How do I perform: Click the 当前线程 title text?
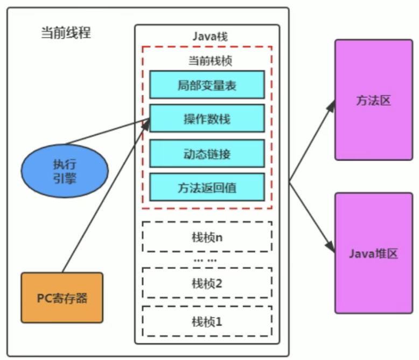point(66,33)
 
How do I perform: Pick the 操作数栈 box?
point(207,119)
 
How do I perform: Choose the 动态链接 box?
point(207,154)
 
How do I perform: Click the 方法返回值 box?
point(207,188)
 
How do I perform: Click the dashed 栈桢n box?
point(207,237)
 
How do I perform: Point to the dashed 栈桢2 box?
point(207,282)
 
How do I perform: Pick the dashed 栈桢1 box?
point(207,322)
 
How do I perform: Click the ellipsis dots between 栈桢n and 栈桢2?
point(205,260)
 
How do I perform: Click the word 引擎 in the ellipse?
point(65,179)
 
